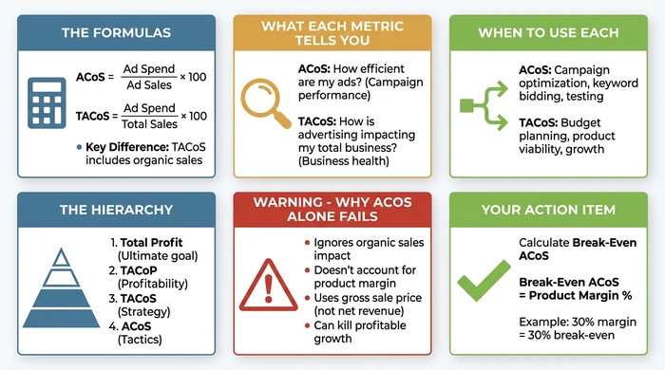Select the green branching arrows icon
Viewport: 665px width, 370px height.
click(483, 105)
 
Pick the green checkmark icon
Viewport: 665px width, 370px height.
click(482, 283)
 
